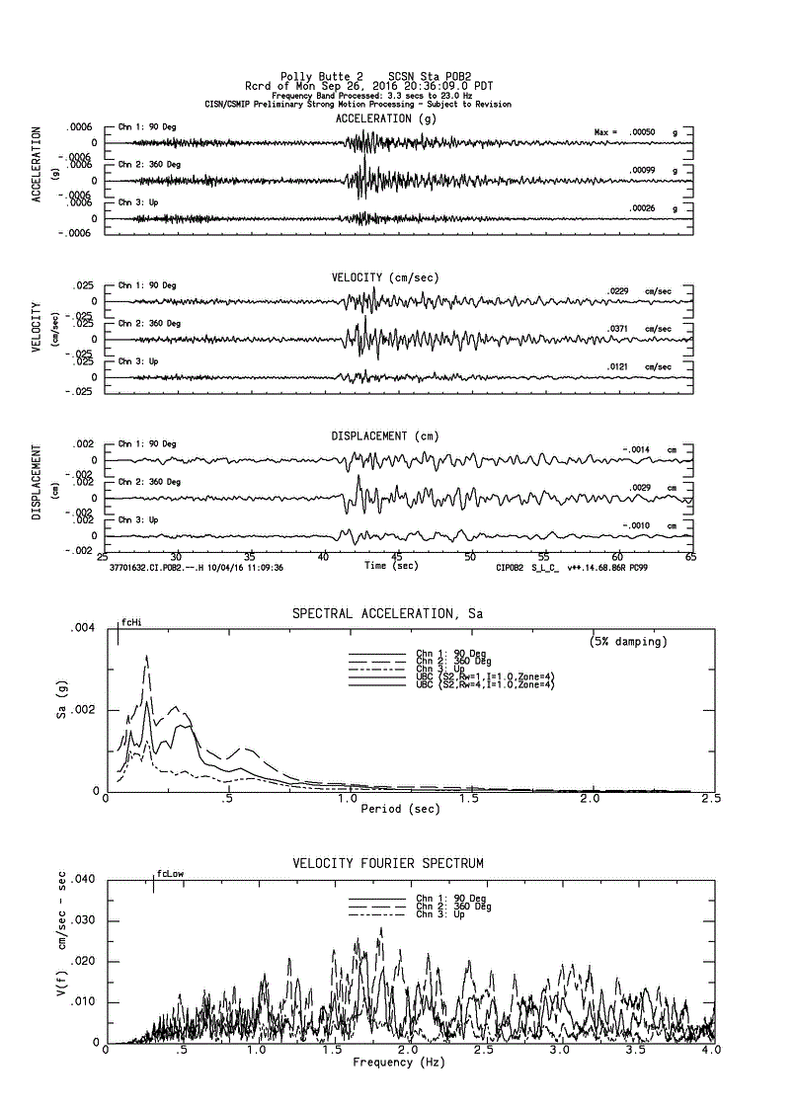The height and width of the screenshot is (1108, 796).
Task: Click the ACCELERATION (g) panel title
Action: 385,119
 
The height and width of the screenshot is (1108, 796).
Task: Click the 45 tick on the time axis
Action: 397,557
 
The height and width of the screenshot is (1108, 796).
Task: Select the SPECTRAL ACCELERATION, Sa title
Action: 387,613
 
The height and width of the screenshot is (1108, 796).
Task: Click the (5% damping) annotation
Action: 628,642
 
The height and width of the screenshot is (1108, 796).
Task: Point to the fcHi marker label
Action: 131,623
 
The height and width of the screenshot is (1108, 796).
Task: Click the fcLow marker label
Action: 170,873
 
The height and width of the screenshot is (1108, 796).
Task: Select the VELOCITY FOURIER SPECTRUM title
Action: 388,863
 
